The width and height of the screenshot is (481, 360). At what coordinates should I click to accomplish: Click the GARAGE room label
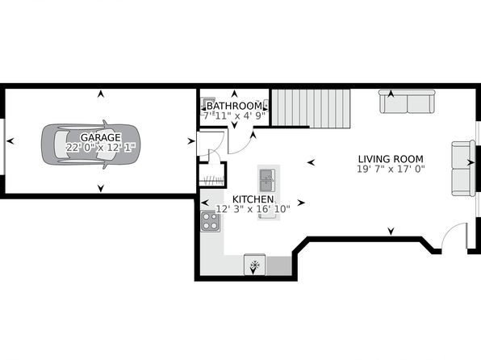[x=101, y=137]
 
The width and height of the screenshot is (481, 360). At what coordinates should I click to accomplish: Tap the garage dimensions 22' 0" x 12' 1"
[x=101, y=148]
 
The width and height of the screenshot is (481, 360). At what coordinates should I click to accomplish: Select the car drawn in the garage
[x=90, y=144]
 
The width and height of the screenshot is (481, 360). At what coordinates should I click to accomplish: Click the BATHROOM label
[x=234, y=106]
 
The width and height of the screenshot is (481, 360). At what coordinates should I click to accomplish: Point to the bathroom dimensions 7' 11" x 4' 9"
[x=234, y=116]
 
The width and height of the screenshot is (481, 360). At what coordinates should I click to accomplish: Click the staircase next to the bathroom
[x=311, y=107]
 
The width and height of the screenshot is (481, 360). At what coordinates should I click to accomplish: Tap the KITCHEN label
[x=253, y=199]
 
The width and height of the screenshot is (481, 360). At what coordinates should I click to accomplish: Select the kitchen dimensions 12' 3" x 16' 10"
[x=253, y=209]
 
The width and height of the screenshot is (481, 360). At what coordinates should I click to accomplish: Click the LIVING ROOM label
[x=391, y=159]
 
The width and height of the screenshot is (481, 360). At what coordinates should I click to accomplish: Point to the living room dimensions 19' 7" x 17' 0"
[x=391, y=170]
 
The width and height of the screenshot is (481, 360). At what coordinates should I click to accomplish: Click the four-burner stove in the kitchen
[x=211, y=221]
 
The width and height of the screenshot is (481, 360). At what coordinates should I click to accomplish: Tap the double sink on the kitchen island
[x=267, y=181]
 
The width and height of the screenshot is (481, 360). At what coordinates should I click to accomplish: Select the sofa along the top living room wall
[x=407, y=102]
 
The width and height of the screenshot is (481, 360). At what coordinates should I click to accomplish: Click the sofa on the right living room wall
[x=463, y=168]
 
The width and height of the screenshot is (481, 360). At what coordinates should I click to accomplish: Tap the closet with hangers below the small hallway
[x=212, y=174]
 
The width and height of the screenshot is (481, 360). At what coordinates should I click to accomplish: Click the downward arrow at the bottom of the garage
[x=101, y=188]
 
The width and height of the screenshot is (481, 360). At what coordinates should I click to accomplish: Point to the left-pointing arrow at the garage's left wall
[x=10, y=141]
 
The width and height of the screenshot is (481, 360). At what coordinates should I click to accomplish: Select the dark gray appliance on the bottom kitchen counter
[x=278, y=266]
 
